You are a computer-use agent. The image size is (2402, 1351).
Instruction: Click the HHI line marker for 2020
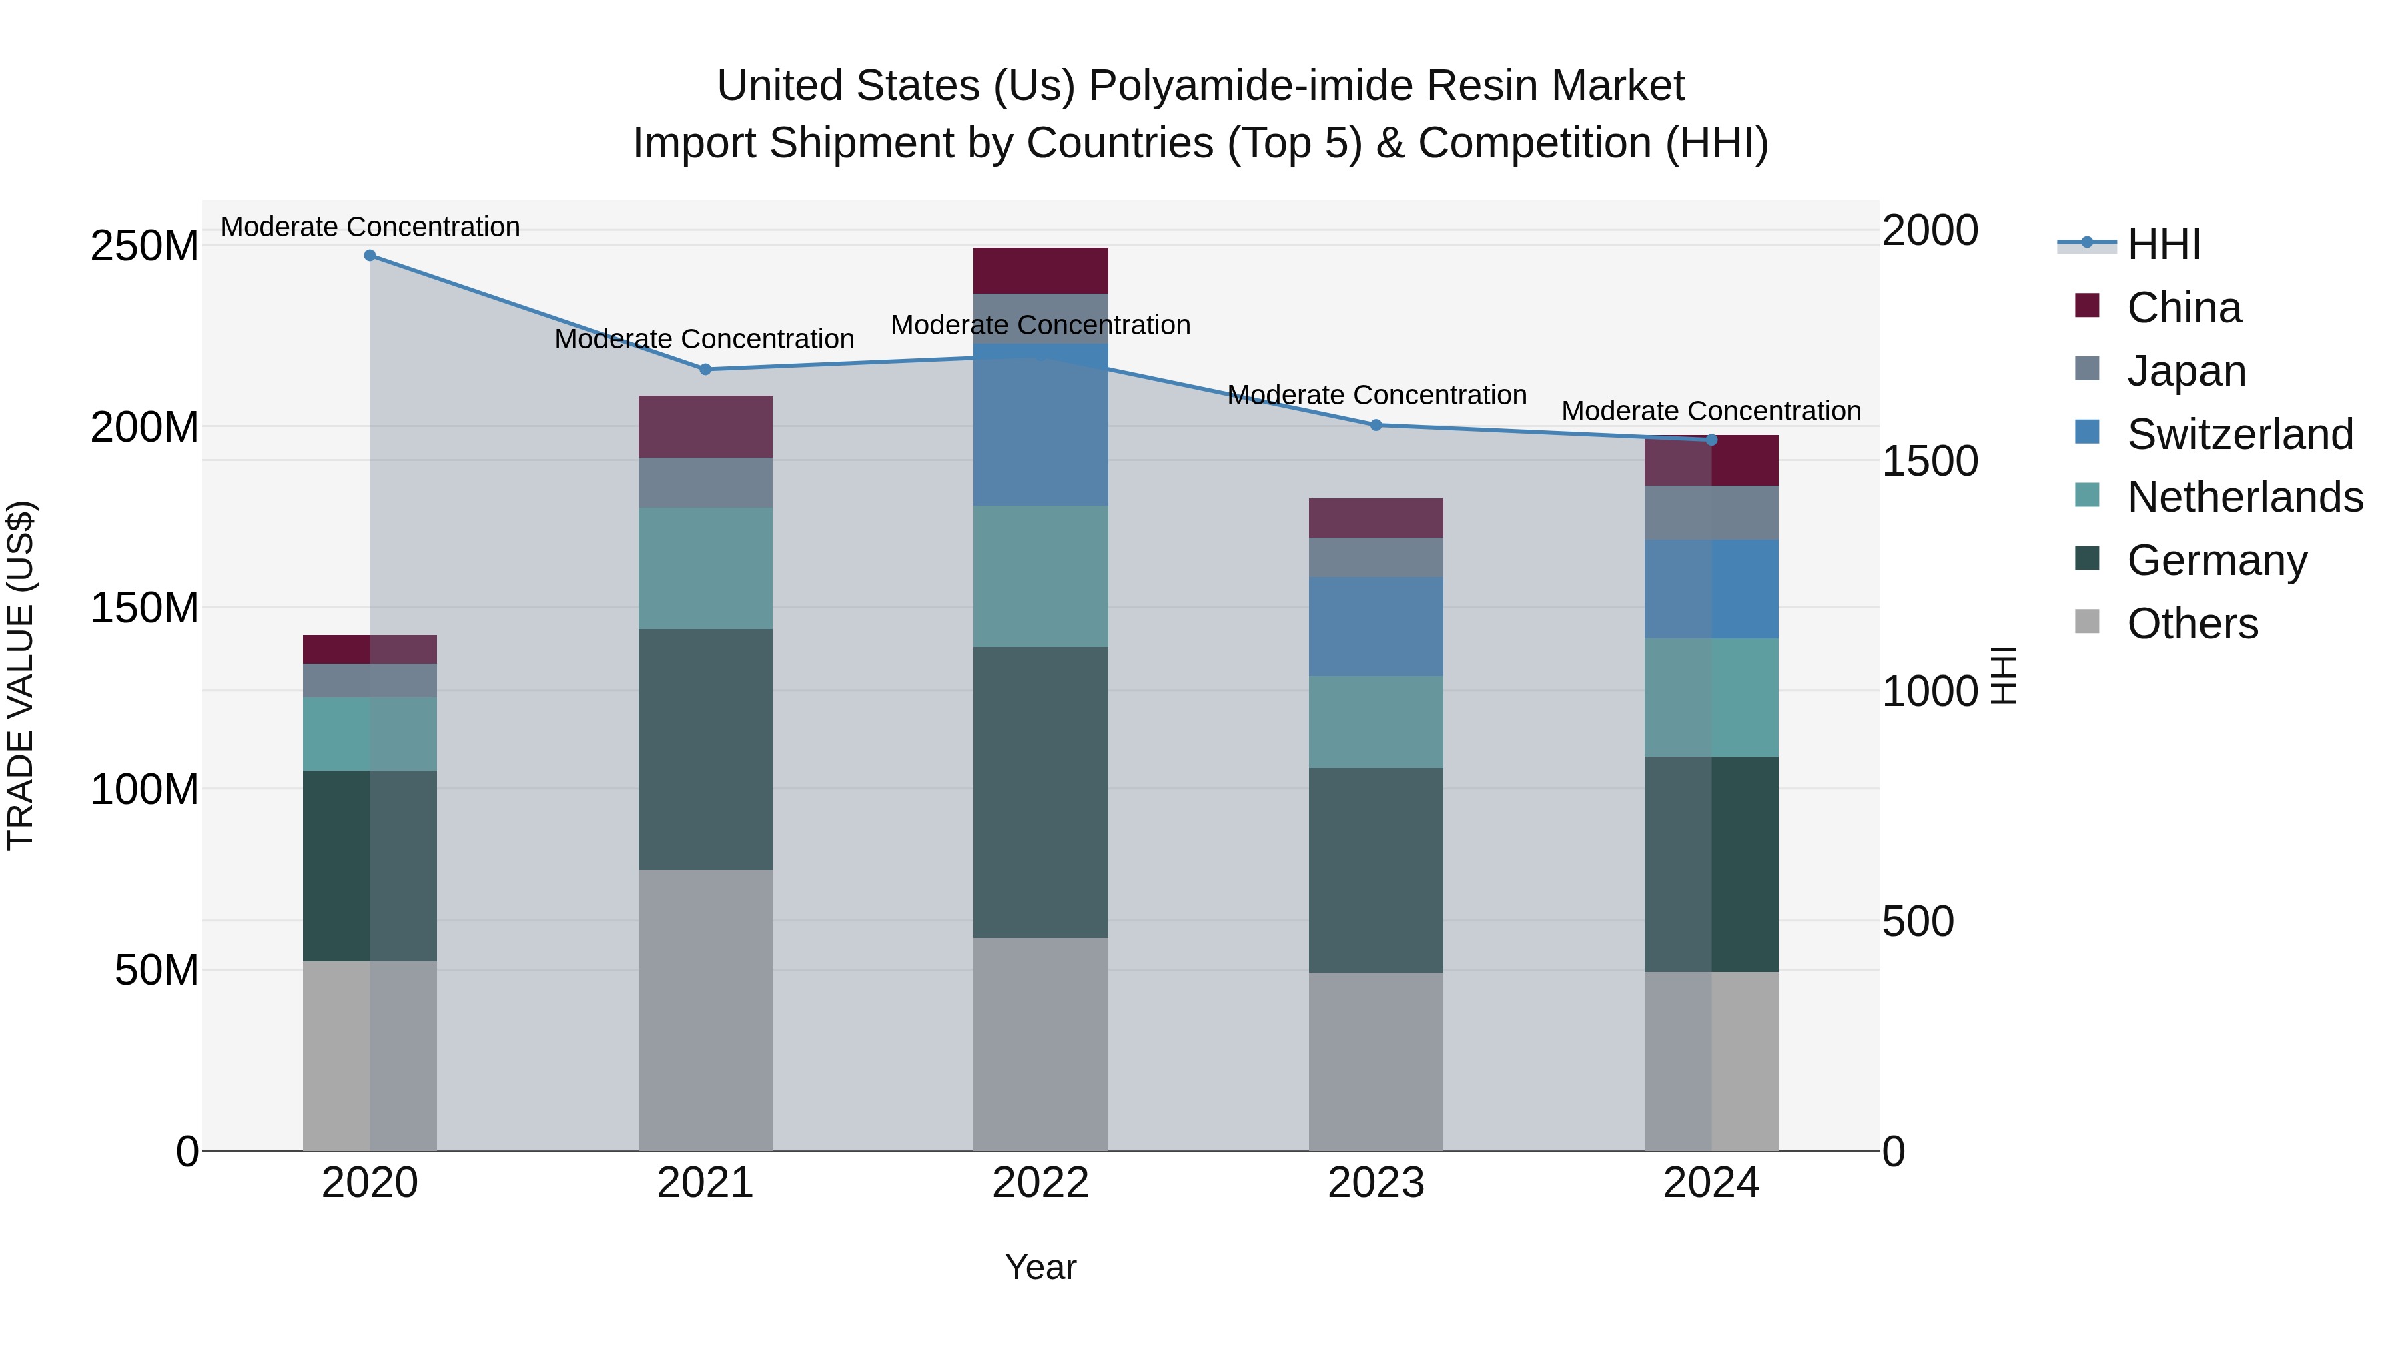pyautogui.click(x=370, y=255)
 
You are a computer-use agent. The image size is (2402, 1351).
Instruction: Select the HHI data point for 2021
pyautogui.click(x=705, y=369)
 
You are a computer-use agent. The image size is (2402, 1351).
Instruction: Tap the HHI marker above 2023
pyautogui.click(x=1376, y=425)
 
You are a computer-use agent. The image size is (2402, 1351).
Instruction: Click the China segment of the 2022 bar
pyautogui.click(x=1041, y=270)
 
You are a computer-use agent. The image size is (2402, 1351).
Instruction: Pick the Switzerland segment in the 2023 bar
pyautogui.click(x=1376, y=626)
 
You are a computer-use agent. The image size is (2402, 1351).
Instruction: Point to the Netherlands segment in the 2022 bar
pyautogui.click(x=1041, y=576)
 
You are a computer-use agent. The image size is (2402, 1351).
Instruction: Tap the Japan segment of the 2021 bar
pyautogui.click(x=705, y=482)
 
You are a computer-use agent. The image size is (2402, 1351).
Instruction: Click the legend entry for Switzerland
pyautogui.click(x=2240, y=434)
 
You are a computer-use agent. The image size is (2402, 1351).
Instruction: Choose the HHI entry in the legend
pyautogui.click(x=2163, y=244)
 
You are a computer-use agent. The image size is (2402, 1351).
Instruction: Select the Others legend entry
pyautogui.click(x=2191, y=624)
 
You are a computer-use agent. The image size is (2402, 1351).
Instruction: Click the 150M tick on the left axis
pyautogui.click(x=145, y=608)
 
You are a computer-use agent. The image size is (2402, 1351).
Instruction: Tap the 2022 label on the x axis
pyautogui.click(x=1041, y=1183)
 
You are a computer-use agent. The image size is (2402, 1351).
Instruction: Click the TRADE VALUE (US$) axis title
pyautogui.click(x=21, y=675)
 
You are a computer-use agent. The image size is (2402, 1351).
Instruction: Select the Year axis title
pyautogui.click(x=1041, y=1267)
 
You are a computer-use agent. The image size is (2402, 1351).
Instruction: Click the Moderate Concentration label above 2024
pyautogui.click(x=1711, y=410)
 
